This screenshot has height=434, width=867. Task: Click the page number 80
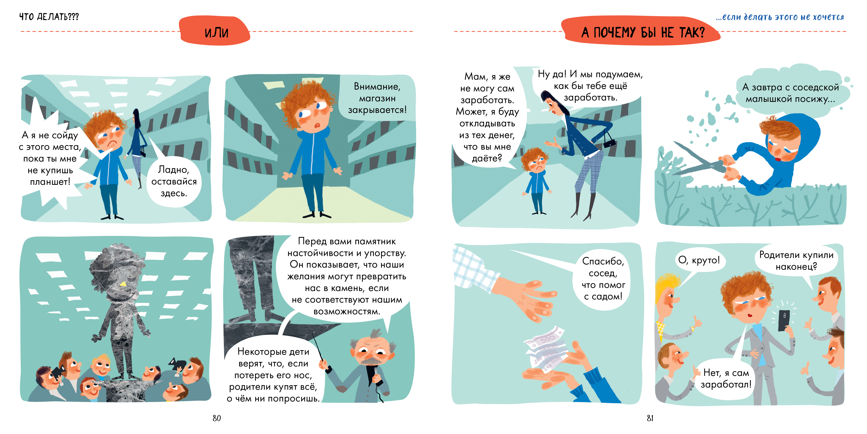(217, 418)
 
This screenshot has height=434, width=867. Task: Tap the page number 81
(650, 418)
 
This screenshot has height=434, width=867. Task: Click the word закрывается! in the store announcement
(377, 110)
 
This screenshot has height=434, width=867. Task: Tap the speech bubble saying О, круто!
(699, 260)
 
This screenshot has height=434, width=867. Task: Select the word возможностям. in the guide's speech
(347, 311)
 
